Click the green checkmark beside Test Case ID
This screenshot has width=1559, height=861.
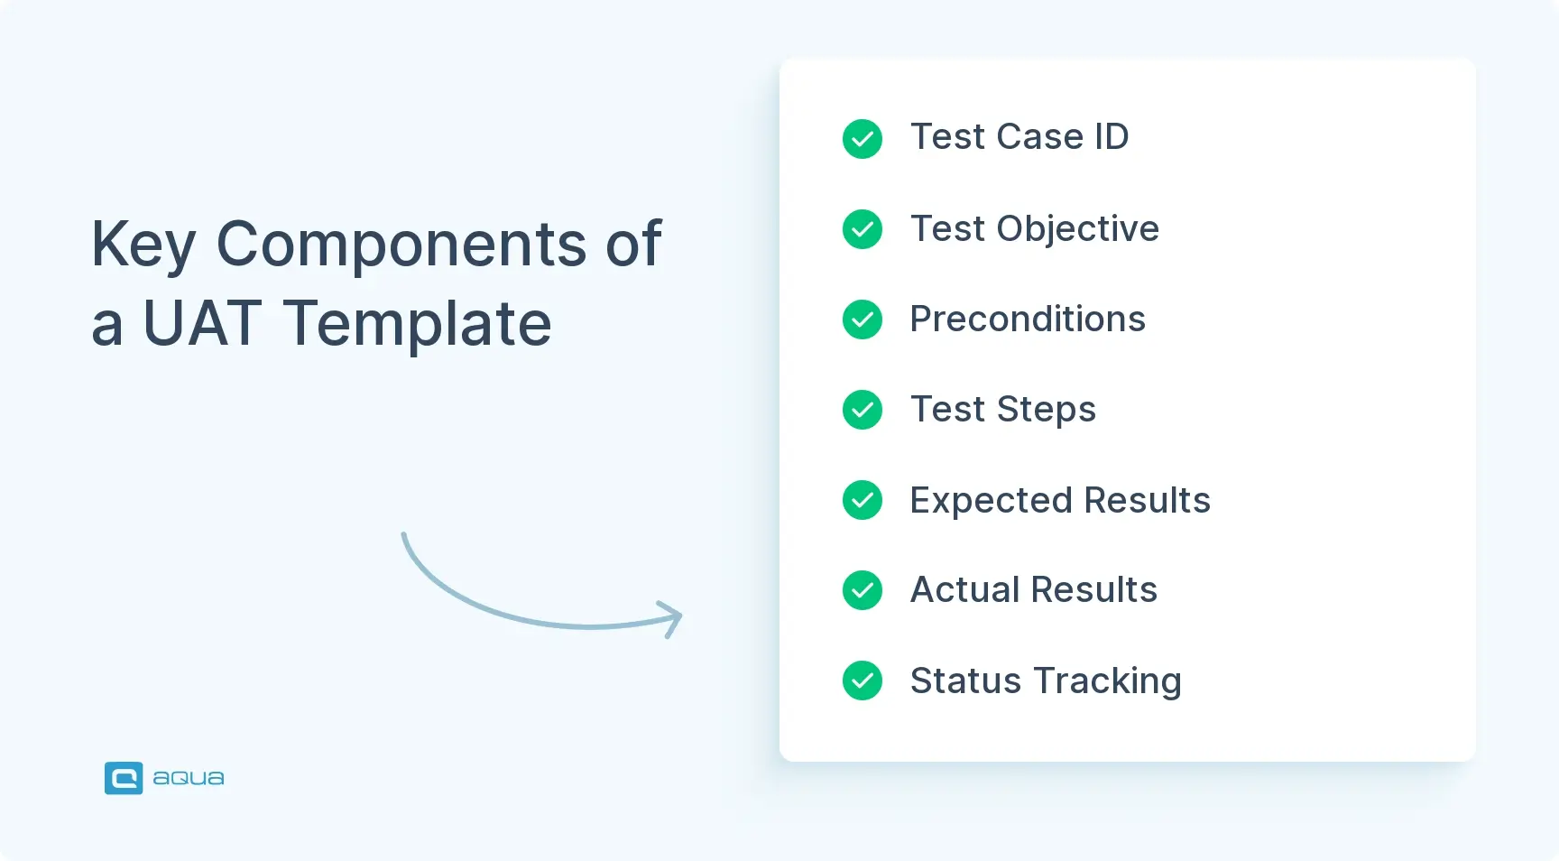tap(863, 139)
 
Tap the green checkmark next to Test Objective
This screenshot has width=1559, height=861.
tap(863, 229)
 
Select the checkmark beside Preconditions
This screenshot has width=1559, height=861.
tap(863, 319)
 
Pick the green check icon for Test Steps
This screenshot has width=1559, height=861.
tap(863, 410)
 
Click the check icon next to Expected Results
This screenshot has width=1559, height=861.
tap(863, 500)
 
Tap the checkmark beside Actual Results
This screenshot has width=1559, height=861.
tap(863, 590)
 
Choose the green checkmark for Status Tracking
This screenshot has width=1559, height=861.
tap(863, 680)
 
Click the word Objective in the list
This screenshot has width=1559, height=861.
tap(1077, 229)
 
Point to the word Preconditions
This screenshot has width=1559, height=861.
tap(1028, 319)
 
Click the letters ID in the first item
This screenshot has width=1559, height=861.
tap(1111, 137)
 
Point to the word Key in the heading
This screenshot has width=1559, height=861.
tap(143, 245)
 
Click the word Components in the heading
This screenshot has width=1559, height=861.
tap(401, 245)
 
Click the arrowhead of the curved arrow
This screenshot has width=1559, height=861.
tap(675, 618)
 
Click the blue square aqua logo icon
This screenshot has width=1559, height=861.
tap(124, 778)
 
